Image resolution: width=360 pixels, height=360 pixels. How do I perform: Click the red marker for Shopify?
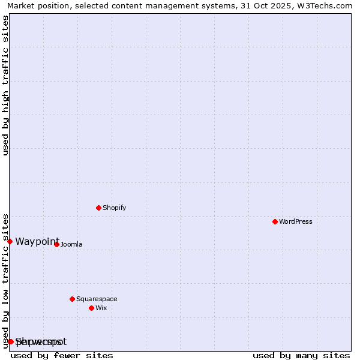[98, 208]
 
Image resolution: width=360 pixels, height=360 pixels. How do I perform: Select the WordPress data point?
[275, 221]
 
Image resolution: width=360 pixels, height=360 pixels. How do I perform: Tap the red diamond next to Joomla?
[56, 244]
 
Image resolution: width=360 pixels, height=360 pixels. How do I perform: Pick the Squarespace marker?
[72, 299]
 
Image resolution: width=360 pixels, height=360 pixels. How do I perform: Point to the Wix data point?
[91, 308]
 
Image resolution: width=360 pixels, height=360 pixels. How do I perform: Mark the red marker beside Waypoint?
[10, 241]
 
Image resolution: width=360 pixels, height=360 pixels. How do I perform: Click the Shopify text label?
[114, 208]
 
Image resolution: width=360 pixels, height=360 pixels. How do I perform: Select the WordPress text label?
[295, 221]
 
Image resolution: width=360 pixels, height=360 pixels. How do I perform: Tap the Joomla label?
[71, 244]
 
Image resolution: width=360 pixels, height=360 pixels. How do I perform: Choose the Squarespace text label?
[97, 299]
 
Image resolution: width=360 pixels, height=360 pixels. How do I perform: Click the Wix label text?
[101, 308]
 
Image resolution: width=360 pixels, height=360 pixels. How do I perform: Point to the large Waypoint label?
[37, 241]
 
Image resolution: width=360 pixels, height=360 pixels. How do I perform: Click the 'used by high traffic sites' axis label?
[5, 85]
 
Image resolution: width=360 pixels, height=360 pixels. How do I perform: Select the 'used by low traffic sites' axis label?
[5, 280]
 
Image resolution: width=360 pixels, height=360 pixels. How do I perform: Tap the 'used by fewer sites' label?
[62, 355]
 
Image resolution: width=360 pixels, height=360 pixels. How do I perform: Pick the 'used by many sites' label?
[301, 355]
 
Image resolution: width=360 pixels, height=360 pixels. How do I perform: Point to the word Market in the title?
[21, 5]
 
